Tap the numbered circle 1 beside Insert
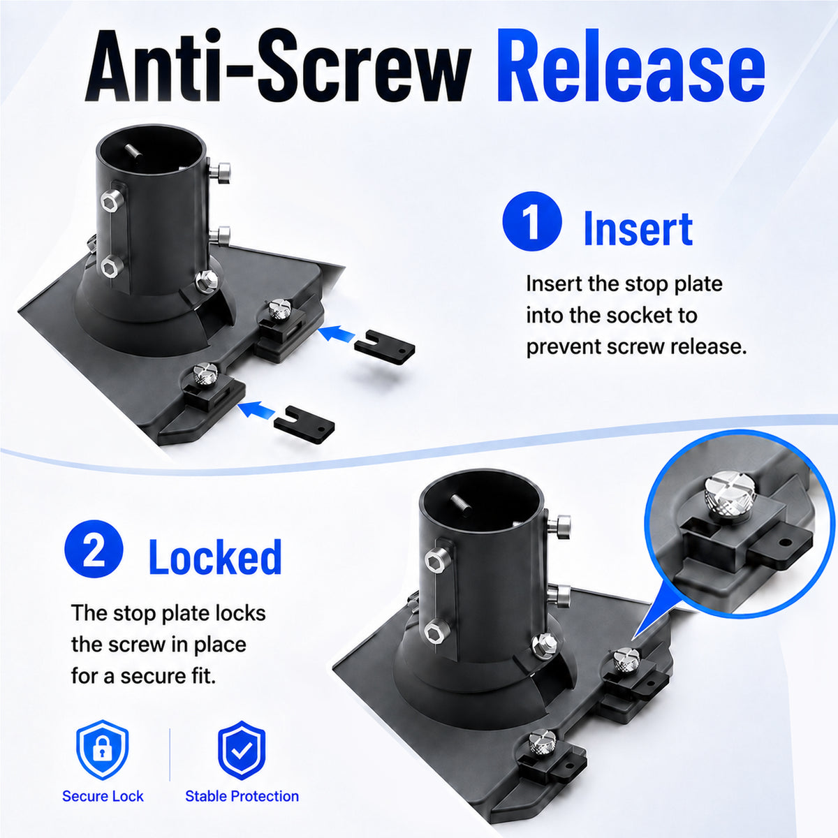click(x=532, y=221)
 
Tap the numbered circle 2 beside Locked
click(x=94, y=550)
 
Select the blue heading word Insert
click(x=638, y=228)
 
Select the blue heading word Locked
click(x=215, y=557)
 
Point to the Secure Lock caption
click(x=103, y=796)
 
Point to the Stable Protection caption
click(x=242, y=796)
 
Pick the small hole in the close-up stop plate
click(x=784, y=543)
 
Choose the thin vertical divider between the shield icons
click(x=170, y=754)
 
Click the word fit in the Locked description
click(x=206, y=676)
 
